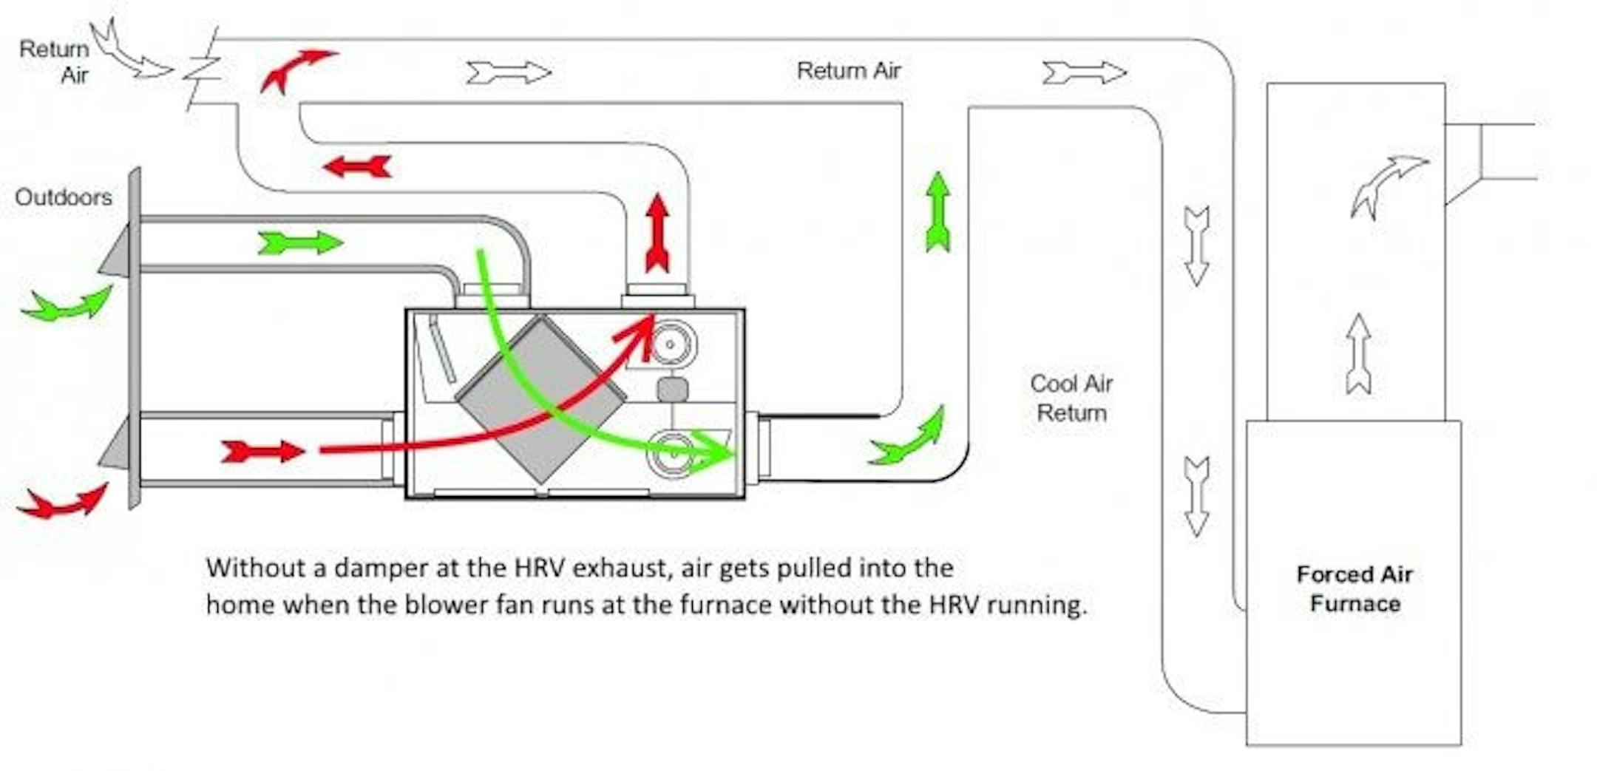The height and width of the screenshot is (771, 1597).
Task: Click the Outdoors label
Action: coord(64,197)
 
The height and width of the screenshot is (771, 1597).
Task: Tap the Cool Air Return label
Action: coord(1071,398)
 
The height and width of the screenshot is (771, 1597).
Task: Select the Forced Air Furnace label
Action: coord(1354,588)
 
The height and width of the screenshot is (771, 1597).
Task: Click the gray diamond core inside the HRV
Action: coord(540,399)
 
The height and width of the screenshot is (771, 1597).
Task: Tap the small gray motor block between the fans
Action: coord(672,390)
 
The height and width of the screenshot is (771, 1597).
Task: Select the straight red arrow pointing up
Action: coord(657,233)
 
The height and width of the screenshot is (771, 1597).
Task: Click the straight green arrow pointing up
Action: coord(937,212)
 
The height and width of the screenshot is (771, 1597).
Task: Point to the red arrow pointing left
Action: coord(358,166)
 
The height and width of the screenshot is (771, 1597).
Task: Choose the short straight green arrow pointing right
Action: coord(300,242)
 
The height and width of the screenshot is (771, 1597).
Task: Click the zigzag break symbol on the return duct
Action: coord(203,69)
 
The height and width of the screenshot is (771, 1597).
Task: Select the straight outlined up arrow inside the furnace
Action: coord(1358,353)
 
